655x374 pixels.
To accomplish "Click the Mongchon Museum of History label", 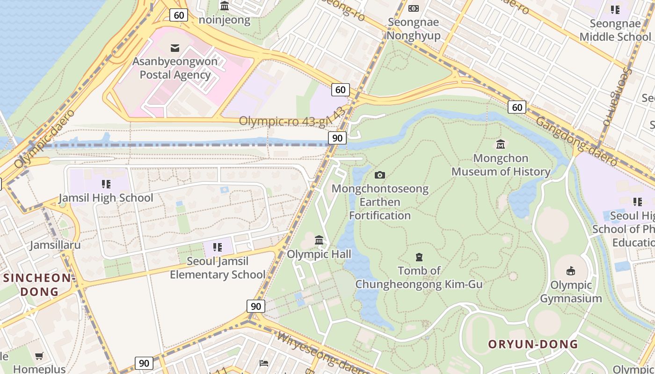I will (x=501, y=165).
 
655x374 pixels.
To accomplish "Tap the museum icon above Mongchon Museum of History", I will (x=501, y=144).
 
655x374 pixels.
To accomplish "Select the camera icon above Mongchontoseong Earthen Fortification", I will (x=380, y=175).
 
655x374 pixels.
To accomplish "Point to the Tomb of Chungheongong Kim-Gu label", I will (x=419, y=277).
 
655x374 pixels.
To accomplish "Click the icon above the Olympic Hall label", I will (x=319, y=240).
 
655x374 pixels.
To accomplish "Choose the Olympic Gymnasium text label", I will (x=571, y=292).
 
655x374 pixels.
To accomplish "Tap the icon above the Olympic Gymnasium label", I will (x=571, y=271).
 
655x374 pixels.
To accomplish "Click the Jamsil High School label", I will (x=106, y=198).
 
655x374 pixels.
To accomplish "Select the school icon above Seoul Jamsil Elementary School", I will (x=217, y=247).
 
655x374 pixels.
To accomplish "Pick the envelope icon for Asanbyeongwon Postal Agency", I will (x=175, y=48).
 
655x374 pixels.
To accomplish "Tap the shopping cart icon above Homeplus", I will (x=39, y=356).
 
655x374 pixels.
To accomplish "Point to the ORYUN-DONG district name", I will (x=533, y=345).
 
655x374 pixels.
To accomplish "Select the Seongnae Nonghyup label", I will (x=414, y=29).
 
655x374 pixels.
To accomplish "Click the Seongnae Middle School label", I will (x=615, y=30).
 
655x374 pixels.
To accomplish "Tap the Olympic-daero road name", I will (x=45, y=139).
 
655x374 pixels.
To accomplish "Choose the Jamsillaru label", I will (x=55, y=245).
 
